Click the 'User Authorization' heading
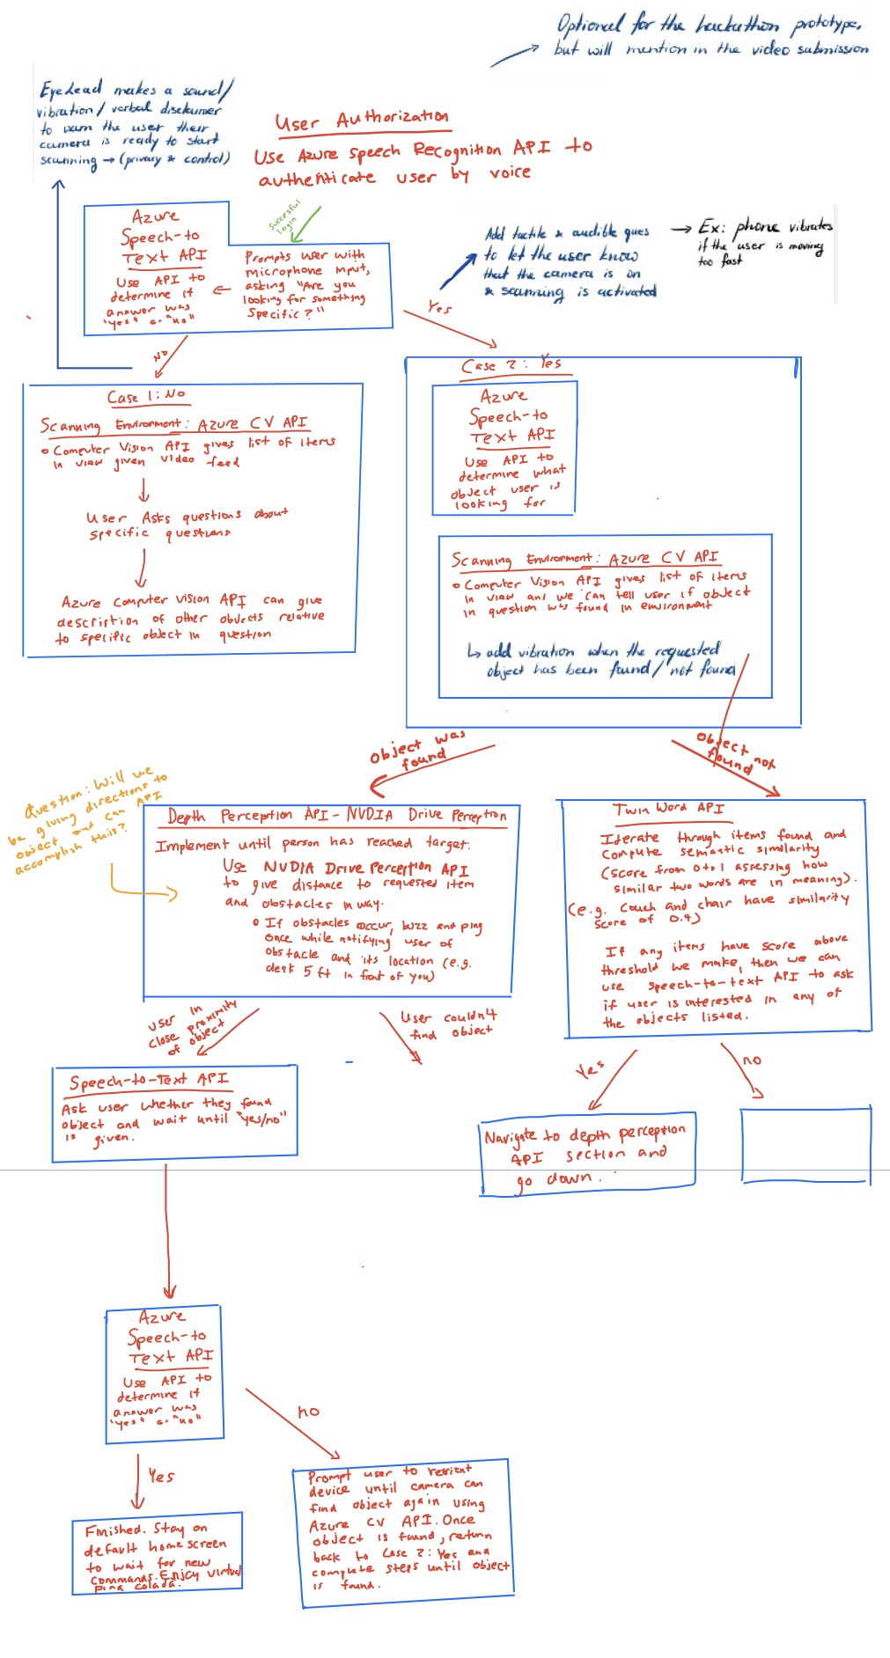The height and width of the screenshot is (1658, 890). coord(361,120)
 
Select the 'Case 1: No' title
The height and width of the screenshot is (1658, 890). coord(146,396)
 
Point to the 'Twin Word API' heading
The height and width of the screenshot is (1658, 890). coord(668,808)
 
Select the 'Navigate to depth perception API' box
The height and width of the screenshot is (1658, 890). coord(587,1155)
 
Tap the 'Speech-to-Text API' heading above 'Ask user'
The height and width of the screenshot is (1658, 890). coord(149,1080)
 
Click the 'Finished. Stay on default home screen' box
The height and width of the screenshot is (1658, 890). coord(157,1552)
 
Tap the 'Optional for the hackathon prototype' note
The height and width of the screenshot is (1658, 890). coord(709,35)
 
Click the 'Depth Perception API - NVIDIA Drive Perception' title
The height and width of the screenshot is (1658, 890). coord(336,816)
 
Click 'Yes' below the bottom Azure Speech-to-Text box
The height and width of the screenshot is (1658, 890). coord(160,1476)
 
